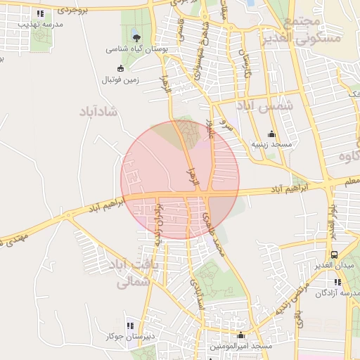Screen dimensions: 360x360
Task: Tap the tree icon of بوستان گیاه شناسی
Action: [x=136, y=38]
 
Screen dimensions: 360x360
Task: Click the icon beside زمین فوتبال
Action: [x=120, y=68]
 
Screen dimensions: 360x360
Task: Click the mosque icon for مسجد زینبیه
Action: [x=271, y=134]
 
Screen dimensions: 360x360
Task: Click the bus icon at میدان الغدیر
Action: [x=333, y=255]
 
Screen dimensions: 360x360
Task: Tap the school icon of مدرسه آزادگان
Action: [x=337, y=282]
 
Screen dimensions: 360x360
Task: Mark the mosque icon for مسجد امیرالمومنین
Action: [x=242, y=335]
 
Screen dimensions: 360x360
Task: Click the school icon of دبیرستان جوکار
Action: [x=129, y=326]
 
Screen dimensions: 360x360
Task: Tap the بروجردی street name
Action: [x=73, y=11]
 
